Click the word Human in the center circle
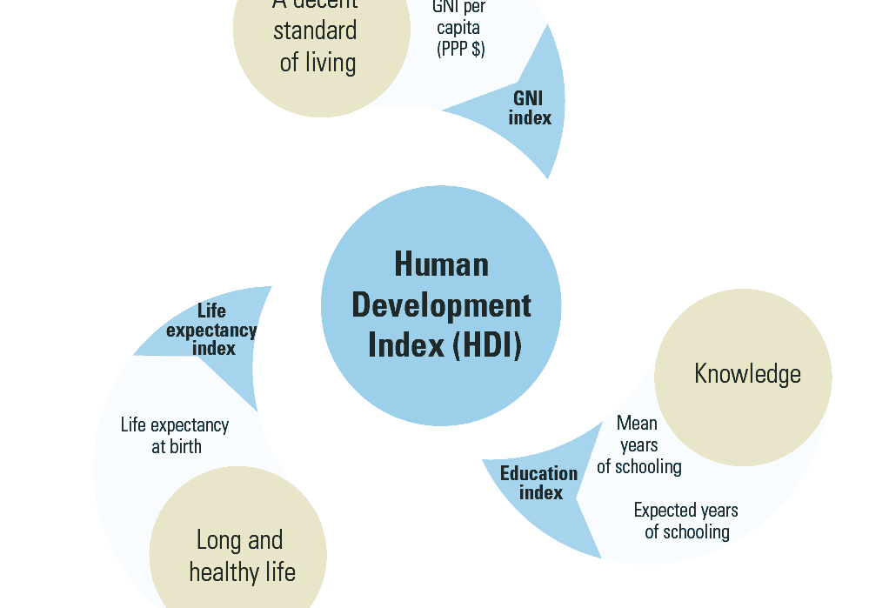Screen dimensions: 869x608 [x=441, y=264]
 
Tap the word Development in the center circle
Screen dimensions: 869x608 [x=441, y=305]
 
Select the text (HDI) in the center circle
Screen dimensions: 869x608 [x=487, y=345]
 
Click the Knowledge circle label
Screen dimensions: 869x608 [x=747, y=374]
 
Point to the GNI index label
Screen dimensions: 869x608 [x=529, y=108]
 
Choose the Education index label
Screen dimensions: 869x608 [x=539, y=483]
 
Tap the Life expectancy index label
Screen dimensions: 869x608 [x=212, y=330]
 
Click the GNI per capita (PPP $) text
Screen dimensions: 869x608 [x=459, y=29]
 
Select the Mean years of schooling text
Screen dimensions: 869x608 [x=638, y=444]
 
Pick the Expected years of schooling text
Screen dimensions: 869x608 [x=686, y=520]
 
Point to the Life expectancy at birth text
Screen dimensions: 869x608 [x=175, y=436]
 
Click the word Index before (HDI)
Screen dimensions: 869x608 [x=405, y=345]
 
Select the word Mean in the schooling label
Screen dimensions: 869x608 [x=637, y=424]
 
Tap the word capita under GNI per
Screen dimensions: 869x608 [x=458, y=29]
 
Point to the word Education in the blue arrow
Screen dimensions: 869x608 [x=539, y=473]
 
